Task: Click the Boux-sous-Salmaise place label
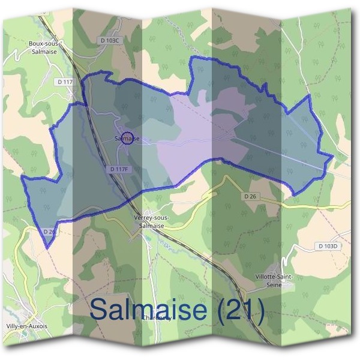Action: pyautogui.click(x=43, y=47)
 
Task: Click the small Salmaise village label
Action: pyautogui.click(x=125, y=139)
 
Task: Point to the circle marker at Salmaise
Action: pyautogui.click(x=127, y=137)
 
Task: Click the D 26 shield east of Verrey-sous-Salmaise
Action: pyautogui.click(x=251, y=196)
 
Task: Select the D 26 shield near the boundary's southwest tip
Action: pyautogui.click(x=50, y=230)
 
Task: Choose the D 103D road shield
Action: pyautogui.click(x=328, y=246)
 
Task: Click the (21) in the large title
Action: pyautogui.click(x=241, y=311)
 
